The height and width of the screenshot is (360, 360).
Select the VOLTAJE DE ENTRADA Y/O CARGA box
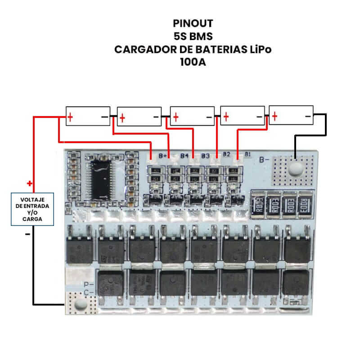32,208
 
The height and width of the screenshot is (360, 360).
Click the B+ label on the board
163,156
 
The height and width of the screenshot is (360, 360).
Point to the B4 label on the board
184,156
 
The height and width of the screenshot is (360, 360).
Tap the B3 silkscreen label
206,156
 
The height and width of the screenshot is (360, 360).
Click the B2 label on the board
227,155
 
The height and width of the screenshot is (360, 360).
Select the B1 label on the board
247,154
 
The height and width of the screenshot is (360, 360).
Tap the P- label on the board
89,284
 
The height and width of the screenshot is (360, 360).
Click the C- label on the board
89,293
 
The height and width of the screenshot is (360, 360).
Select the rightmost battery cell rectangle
291,116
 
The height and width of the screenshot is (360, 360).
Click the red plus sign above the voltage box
30,184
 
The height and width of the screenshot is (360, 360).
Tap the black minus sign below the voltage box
28,234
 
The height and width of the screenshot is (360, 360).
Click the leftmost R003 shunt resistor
259,204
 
